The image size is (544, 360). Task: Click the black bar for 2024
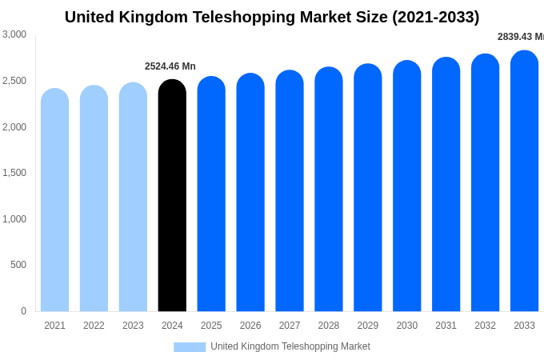click(x=172, y=196)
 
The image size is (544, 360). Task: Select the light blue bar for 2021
click(x=54, y=200)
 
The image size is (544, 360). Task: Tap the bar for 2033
click(x=524, y=181)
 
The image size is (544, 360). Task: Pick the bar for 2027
click(x=290, y=191)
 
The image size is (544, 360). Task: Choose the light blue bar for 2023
click(x=133, y=197)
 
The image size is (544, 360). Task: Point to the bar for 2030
click(x=406, y=186)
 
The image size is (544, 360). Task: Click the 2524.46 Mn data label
click(x=170, y=66)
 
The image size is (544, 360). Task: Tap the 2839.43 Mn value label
click(x=520, y=37)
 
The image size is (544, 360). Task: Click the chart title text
click(x=272, y=17)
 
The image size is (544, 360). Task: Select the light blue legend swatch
click(x=190, y=347)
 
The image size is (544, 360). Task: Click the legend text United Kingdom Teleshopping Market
click(x=290, y=347)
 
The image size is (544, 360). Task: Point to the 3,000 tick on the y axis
click(x=14, y=34)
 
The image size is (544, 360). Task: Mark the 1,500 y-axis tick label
click(x=14, y=173)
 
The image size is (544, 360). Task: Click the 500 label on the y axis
click(x=18, y=265)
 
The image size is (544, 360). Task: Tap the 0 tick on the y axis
click(x=23, y=311)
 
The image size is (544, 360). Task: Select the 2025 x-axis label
click(x=211, y=326)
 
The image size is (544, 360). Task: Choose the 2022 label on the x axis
click(x=94, y=326)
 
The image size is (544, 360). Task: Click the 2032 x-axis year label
click(x=485, y=326)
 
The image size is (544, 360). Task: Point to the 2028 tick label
click(x=329, y=326)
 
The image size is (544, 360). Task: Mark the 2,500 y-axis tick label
click(x=14, y=81)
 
